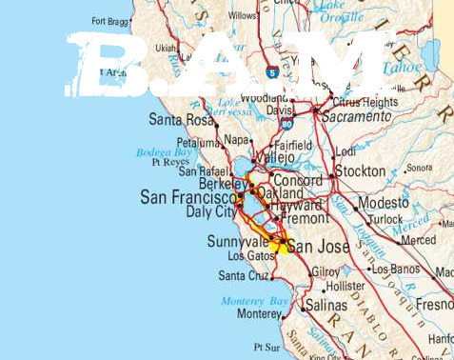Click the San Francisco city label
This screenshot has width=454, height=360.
click(x=187, y=196)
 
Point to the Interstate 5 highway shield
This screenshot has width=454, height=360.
click(x=274, y=71)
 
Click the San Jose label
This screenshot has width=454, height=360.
click(x=314, y=245)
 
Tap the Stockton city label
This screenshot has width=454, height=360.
click(x=360, y=171)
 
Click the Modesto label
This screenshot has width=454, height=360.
click(x=383, y=204)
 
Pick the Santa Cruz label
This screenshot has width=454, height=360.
click(x=244, y=276)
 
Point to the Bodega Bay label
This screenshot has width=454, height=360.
click(x=163, y=150)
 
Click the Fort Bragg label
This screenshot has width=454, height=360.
click(x=112, y=20)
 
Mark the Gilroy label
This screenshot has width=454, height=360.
click(x=326, y=271)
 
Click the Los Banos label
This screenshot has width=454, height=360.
click(x=394, y=270)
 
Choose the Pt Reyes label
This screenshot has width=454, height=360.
click(x=170, y=162)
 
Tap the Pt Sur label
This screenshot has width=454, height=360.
click(x=266, y=348)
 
